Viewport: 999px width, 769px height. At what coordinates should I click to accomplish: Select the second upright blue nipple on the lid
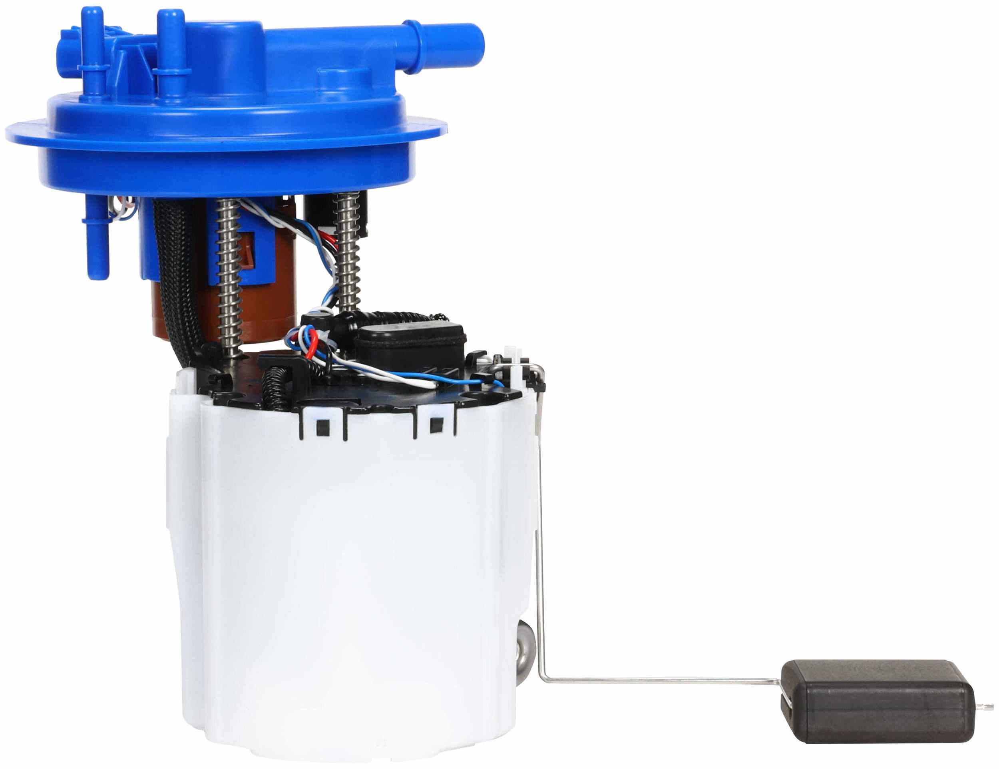point(170,50)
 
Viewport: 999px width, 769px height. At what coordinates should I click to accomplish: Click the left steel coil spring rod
point(227,275)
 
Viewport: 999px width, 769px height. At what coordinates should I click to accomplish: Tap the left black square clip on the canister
point(322,426)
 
